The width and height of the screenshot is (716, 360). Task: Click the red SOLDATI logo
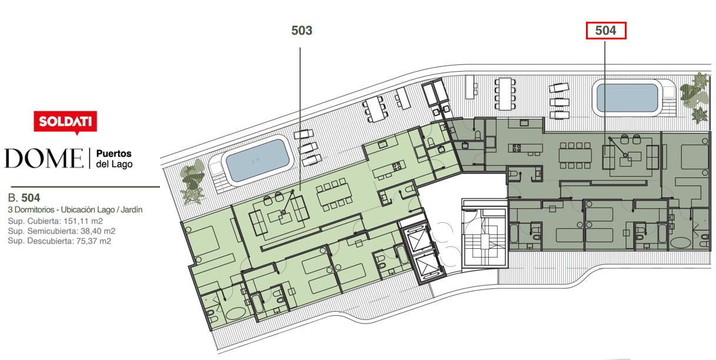65,122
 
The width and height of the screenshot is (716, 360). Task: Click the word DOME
44,158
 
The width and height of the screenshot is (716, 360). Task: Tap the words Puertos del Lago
114,159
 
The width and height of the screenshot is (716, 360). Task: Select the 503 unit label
302,31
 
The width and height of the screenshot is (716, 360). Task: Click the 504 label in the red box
606,31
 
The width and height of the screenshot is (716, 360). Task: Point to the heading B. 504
24,198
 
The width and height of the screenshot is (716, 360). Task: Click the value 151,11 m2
83,221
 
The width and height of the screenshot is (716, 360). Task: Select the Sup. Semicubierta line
62,231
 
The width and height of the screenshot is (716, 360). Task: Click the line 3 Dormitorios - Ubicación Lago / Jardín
75,210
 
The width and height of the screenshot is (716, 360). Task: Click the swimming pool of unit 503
257,161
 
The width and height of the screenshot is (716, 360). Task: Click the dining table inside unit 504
575,156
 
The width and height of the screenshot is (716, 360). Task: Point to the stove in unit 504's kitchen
517,148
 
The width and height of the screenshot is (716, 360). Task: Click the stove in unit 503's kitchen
397,166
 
